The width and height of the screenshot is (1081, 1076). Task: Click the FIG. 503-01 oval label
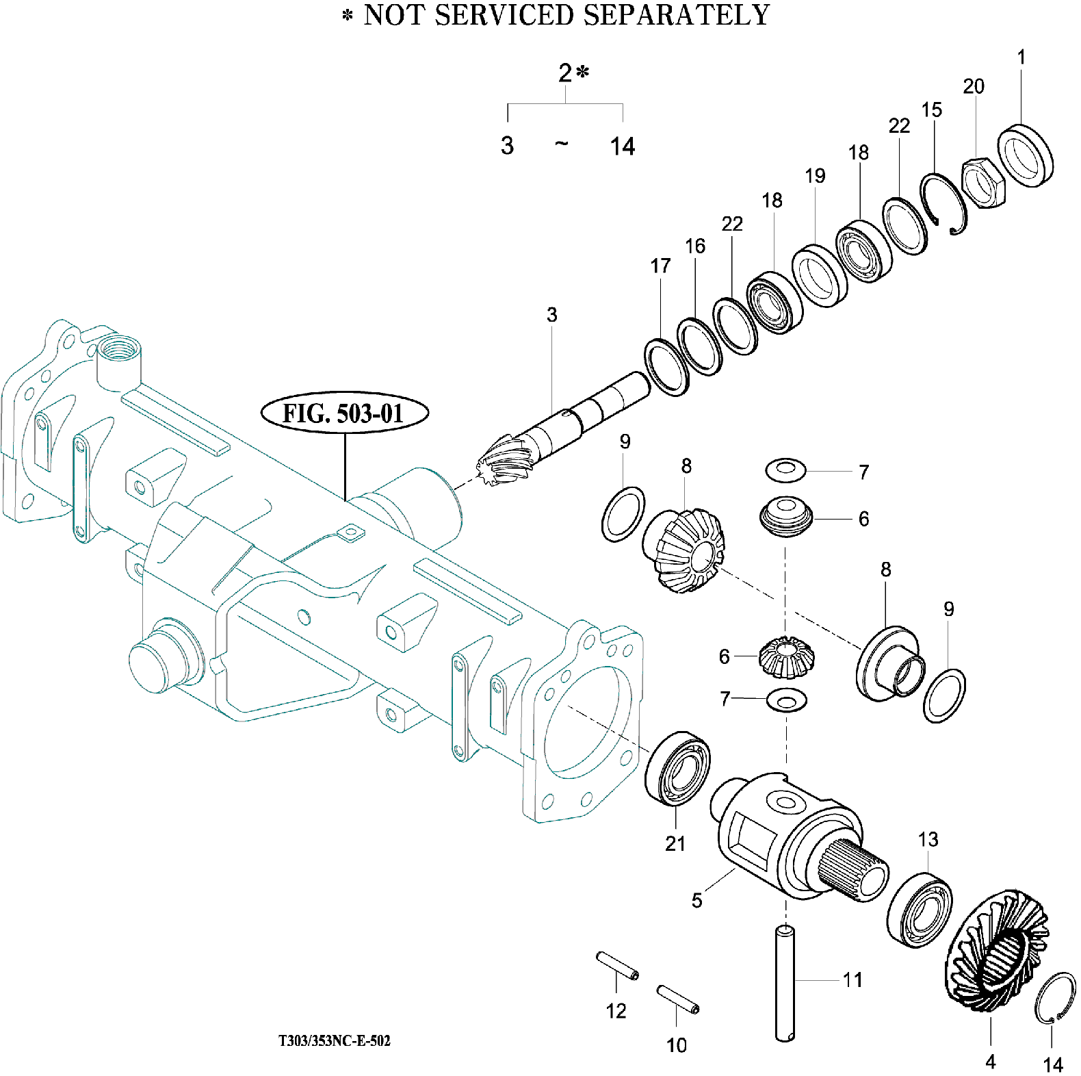(x=345, y=413)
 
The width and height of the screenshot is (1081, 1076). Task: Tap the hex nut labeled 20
(x=984, y=183)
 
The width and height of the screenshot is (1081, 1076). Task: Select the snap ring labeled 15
(x=943, y=203)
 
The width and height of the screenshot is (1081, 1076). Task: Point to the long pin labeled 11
(x=785, y=983)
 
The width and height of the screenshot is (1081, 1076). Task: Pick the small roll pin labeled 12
(x=618, y=965)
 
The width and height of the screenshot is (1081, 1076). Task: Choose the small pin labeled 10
(x=678, y=999)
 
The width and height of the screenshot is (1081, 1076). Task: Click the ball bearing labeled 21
(x=678, y=769)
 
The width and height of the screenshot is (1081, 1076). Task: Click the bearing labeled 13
(x=920, y=910)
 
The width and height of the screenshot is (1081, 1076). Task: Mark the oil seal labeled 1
(x=1025, y=155)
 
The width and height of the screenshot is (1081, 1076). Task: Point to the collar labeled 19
(x=820, y=275)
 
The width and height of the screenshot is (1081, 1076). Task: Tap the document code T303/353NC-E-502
(x=335, y=1040)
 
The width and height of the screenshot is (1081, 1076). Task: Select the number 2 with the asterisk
(x=573, y=73)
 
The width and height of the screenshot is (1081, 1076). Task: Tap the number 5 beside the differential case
(x=696, y=900)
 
